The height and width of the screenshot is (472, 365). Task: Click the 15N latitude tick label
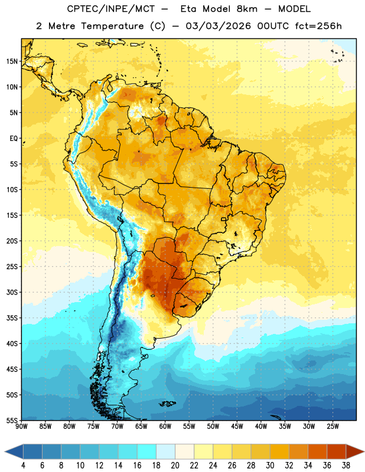point(12,61)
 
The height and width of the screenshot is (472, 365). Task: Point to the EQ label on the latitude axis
point(14,139)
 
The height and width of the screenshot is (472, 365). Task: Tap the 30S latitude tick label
point(12,292)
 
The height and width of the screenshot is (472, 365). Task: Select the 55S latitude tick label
point(12,420)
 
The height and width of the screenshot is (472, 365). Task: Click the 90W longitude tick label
point(21,427)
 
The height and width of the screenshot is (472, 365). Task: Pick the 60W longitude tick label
point(165,427)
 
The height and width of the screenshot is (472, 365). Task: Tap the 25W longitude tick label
point(333,427)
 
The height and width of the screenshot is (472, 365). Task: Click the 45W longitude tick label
point(237,427)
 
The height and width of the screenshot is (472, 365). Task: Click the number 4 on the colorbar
point(23,466)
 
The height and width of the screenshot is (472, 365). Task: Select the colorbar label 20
point(175,466)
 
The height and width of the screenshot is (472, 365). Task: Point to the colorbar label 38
point(346,466)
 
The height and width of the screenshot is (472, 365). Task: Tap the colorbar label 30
point(270,466)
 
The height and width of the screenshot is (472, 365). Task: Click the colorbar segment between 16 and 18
point(146,451)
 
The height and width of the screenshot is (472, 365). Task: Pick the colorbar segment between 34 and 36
point(317,451)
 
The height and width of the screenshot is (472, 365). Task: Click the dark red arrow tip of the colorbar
point(364,451)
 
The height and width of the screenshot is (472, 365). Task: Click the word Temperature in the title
point(112,26)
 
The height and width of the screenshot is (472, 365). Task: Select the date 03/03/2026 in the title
point(218,26)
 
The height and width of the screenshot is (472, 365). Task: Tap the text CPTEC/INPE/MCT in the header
point(110,9)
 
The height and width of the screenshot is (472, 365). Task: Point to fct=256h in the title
point(318,26)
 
